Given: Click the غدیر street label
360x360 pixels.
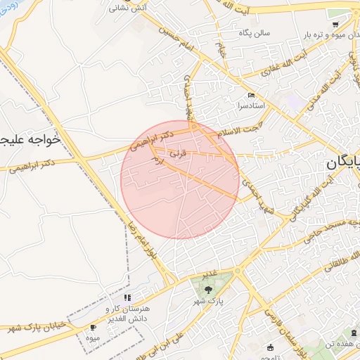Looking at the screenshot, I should click(x=209, y=273).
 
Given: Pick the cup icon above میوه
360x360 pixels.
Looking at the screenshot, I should click(x=94, y=328).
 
